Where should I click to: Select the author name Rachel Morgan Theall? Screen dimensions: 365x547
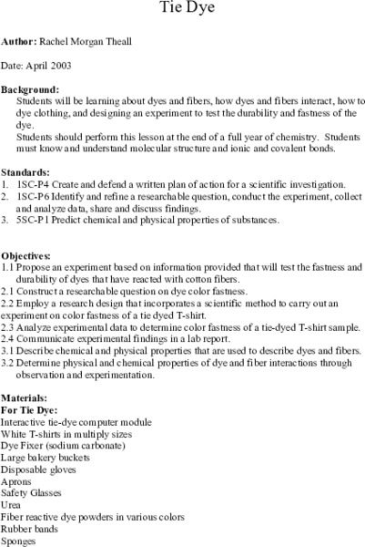coord(85,43)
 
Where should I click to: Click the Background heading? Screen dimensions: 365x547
coord(30,90)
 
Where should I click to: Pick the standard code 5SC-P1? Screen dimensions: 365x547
coord(37,221)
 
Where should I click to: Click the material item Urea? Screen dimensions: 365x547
coord(12,505)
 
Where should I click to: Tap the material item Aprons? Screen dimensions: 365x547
coord(17,481)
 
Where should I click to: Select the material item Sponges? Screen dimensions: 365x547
coord(19,541)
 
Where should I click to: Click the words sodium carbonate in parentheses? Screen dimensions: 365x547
coord(88,446)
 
